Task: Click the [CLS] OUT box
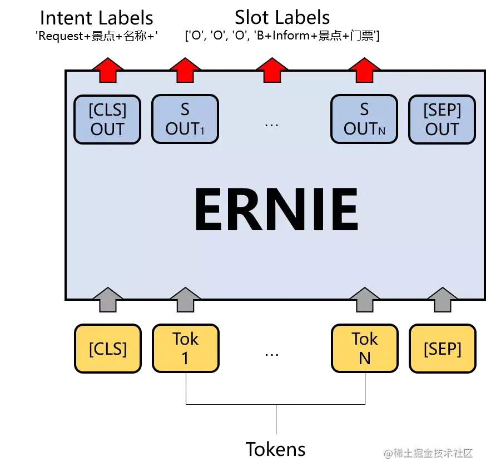(107, 120)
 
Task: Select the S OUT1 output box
(185, 120)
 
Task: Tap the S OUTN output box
(364, 120)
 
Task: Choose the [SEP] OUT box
(442, 120)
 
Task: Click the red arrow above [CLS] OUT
(107, 71)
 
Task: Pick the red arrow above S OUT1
(185, 71)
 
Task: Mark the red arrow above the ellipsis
(272, 71)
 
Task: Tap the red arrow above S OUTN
(364, 71)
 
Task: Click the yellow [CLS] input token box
(108, 349)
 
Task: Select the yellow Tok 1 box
(185, 349)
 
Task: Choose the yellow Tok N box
(364, 349)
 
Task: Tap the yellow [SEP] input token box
(443, 349)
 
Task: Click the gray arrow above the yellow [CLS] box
(107, 300)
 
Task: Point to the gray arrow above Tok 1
(185, 300)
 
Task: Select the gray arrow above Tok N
(364, 300)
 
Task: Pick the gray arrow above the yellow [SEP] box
(443, 300)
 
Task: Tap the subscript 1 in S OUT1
(202, 132)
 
